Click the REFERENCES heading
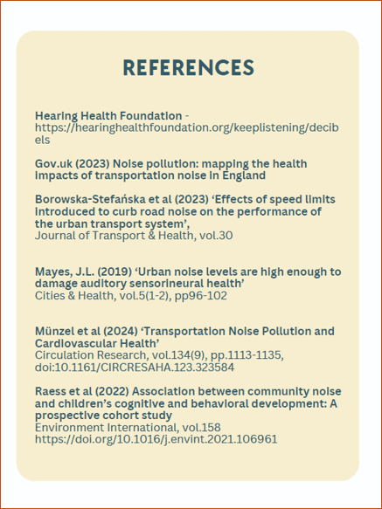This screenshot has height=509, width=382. [189, 68]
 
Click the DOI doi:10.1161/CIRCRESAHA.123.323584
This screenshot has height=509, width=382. [135, 368]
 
